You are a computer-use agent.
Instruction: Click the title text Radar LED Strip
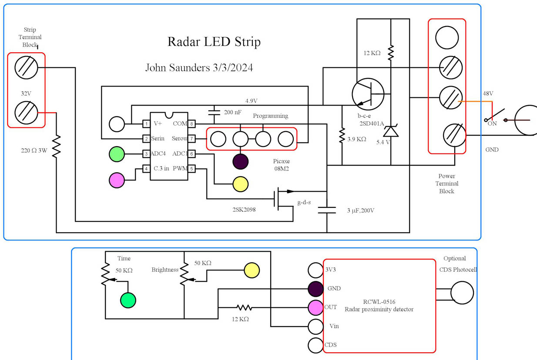click(x=214, y=42)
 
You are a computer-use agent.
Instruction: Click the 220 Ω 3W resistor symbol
click(x=57, y=146)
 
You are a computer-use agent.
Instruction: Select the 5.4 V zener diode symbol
click(x=391, y=131)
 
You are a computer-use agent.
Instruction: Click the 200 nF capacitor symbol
click(x=214, y=112)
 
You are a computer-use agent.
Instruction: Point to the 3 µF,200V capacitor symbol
click(x=327, y=210)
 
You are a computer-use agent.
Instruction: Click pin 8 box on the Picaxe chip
click(x=191, y=124)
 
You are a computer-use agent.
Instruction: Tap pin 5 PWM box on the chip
click(x=191, y=169)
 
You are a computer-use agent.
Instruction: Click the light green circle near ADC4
click(x=117, y=154)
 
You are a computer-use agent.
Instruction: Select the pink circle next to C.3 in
click(x=117, y=180)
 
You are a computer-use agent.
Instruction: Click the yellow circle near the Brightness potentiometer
click(x=252, y=270)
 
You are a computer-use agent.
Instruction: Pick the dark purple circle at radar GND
click(x=315, y=288)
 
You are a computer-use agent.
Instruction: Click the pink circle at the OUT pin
click(x=315, y=307)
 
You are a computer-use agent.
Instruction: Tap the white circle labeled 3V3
click(x=315, y=270)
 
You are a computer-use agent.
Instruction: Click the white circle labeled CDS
click(x=315, y=345)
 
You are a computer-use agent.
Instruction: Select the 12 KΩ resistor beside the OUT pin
click(x=244, y=308)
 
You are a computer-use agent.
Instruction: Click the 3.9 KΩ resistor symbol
click(x=342, y=136)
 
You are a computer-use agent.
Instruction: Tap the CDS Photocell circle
click(x=462, y=293)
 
